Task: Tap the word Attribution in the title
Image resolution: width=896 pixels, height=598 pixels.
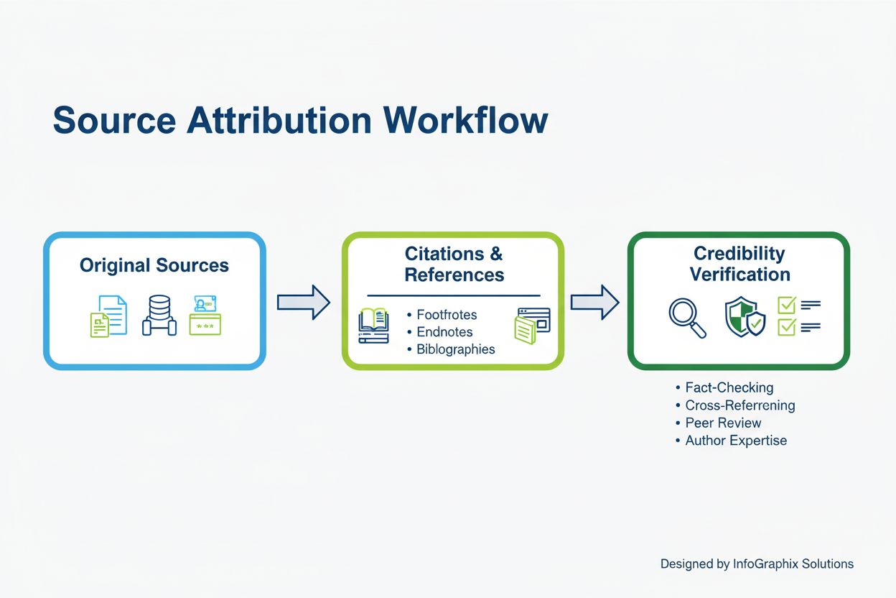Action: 279,120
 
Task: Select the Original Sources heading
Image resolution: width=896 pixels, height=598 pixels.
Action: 154,265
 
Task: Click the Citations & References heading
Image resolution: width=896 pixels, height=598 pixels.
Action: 454,264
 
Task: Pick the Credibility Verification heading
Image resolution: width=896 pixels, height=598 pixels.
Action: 739,264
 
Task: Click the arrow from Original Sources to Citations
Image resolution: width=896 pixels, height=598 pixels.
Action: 303,302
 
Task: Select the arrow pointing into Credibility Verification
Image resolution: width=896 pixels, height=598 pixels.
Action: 594,302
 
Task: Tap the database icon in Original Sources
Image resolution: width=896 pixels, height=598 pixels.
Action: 159,316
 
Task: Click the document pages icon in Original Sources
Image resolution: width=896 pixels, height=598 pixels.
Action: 108,316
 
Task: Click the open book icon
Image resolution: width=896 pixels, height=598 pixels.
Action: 373,326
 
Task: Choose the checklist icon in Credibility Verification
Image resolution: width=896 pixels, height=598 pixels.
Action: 799,317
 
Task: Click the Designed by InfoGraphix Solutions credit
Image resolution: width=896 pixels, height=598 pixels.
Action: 757,564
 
